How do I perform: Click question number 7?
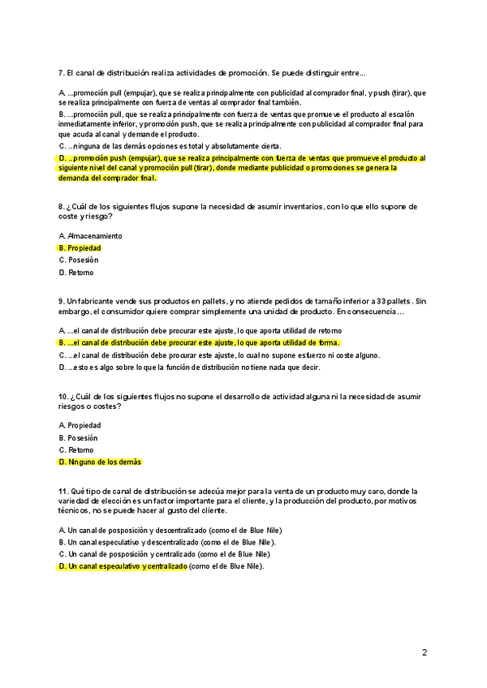tap(61, 73)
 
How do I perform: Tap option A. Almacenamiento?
tap(90, 235)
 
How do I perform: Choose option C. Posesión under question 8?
tap(78, 260)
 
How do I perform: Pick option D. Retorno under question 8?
tap(75, 273)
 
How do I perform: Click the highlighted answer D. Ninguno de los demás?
tap(100, 462)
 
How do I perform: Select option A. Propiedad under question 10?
tap(80, 425)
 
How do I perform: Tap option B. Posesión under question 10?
tap(78, 437)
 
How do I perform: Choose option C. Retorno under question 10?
tap(75, 449)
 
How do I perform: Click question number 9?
tap(61, 302)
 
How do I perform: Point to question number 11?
tap(62, 492)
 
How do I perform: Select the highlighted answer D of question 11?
tap(123, 566)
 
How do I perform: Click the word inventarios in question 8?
tap(300, 207)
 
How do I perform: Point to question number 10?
tap(62, 397)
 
